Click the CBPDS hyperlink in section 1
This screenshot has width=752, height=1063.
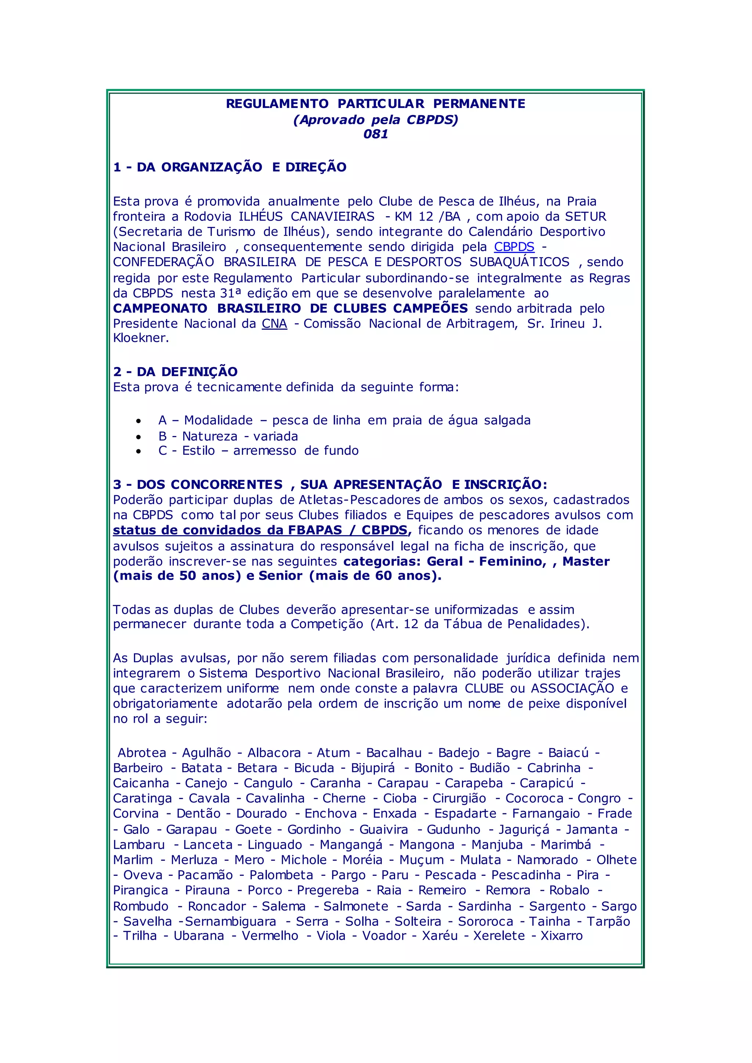[514, 247]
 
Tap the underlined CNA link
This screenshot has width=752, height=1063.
[274, 324]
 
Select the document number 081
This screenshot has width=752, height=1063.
[376, 134]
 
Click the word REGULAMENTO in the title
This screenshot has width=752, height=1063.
[277, 104]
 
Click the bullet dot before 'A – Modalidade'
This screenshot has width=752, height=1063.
[138, 421]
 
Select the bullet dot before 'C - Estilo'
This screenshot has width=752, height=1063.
[138, 451]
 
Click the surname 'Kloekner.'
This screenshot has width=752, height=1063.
[141, 338]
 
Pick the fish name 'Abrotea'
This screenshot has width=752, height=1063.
[142, 753]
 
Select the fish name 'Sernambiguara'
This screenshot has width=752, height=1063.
[231, 921]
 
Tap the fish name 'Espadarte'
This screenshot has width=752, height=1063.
[465, 813]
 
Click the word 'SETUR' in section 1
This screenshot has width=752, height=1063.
[585, 217]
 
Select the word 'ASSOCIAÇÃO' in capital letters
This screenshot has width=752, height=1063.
[572, 689]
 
